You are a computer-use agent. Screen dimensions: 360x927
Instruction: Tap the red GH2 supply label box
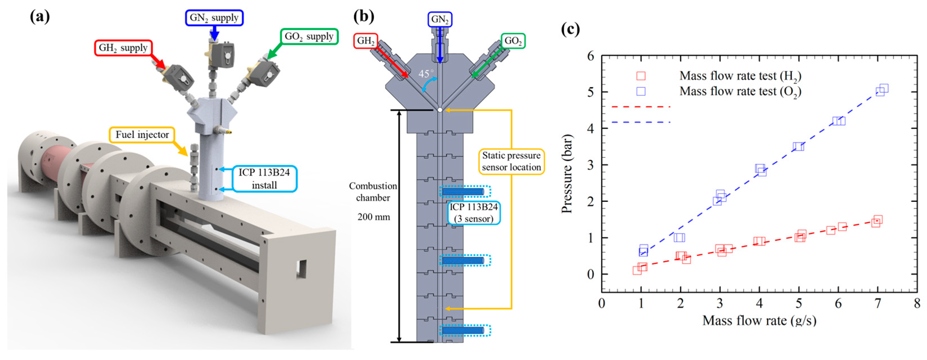click(123, 48)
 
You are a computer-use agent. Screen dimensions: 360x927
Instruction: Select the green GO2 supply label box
click(309, 36)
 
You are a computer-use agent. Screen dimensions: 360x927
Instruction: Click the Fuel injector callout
click(142, 135)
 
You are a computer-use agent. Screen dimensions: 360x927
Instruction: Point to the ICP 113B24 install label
click(264, 179)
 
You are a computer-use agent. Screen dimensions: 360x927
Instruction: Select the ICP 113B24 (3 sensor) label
click(474, 213)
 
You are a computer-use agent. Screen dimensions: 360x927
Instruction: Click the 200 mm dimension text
click(374, 217)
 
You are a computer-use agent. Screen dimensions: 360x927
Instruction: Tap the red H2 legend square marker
click(641, 76)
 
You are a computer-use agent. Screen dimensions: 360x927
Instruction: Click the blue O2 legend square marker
click(641, 91)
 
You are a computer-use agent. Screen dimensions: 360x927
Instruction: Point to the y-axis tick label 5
click(590, 92)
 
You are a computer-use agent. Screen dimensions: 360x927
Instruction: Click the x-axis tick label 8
click(917, 304)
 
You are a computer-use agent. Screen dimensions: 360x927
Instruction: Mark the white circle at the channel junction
click(440, 110)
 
